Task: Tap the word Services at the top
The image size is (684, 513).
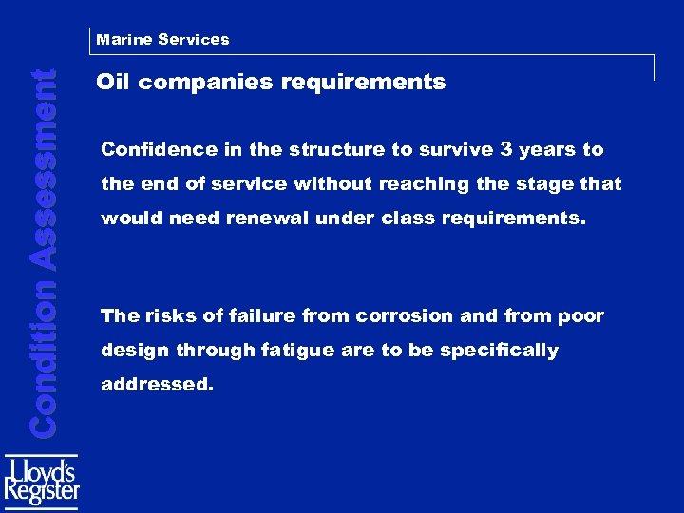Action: point(194,40)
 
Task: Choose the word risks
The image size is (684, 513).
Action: point(166,316)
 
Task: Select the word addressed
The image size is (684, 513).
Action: point(156,386)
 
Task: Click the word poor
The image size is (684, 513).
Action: point(580,316)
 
